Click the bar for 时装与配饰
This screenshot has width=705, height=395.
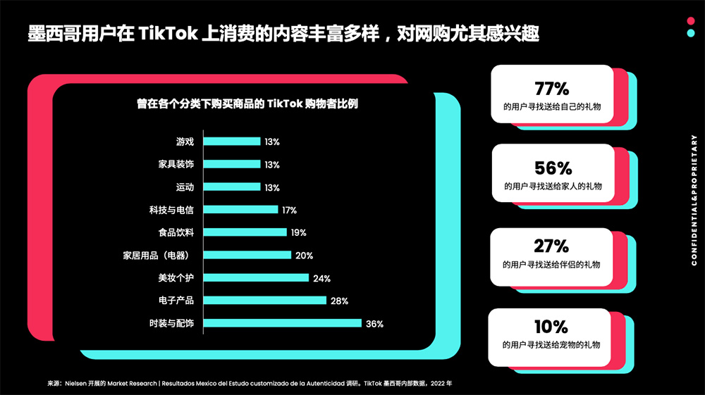click(x=282, y=323)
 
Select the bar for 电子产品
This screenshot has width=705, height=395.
click(x=264, y=301)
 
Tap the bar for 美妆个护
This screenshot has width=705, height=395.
click(x=256, y=277)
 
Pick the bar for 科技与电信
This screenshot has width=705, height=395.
click(x=240, y=209)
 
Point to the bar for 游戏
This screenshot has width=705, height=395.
click(x=232, y=142)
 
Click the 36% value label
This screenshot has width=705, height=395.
click(x=374, y=324)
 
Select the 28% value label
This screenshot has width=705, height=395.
click(x=339, y=301)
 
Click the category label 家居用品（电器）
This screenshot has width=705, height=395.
click(x=159, y=255)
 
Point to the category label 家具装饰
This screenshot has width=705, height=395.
click(x=176, y=164)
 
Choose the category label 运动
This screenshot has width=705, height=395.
click(x=185, y=187)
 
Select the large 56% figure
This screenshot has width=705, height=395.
click(x=553, y=168)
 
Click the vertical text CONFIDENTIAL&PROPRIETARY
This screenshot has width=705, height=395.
click(x=694, y=201)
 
